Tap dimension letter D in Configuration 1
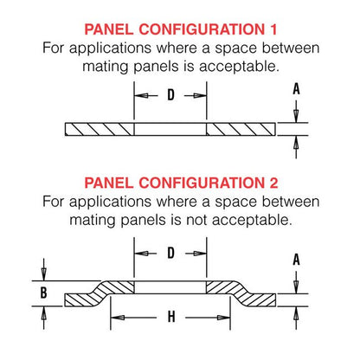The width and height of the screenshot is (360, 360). click(170, 93)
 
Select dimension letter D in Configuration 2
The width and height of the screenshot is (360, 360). click(170, 254)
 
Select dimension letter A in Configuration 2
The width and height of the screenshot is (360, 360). click(297, 259)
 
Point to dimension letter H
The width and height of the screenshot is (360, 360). click(170, 317)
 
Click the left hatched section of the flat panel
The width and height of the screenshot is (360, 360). click(100, 129)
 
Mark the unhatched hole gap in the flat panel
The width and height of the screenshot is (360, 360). click(170, 129)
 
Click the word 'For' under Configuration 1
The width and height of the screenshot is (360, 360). click(56, 49)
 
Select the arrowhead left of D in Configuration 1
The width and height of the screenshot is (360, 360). click(138, 93)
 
